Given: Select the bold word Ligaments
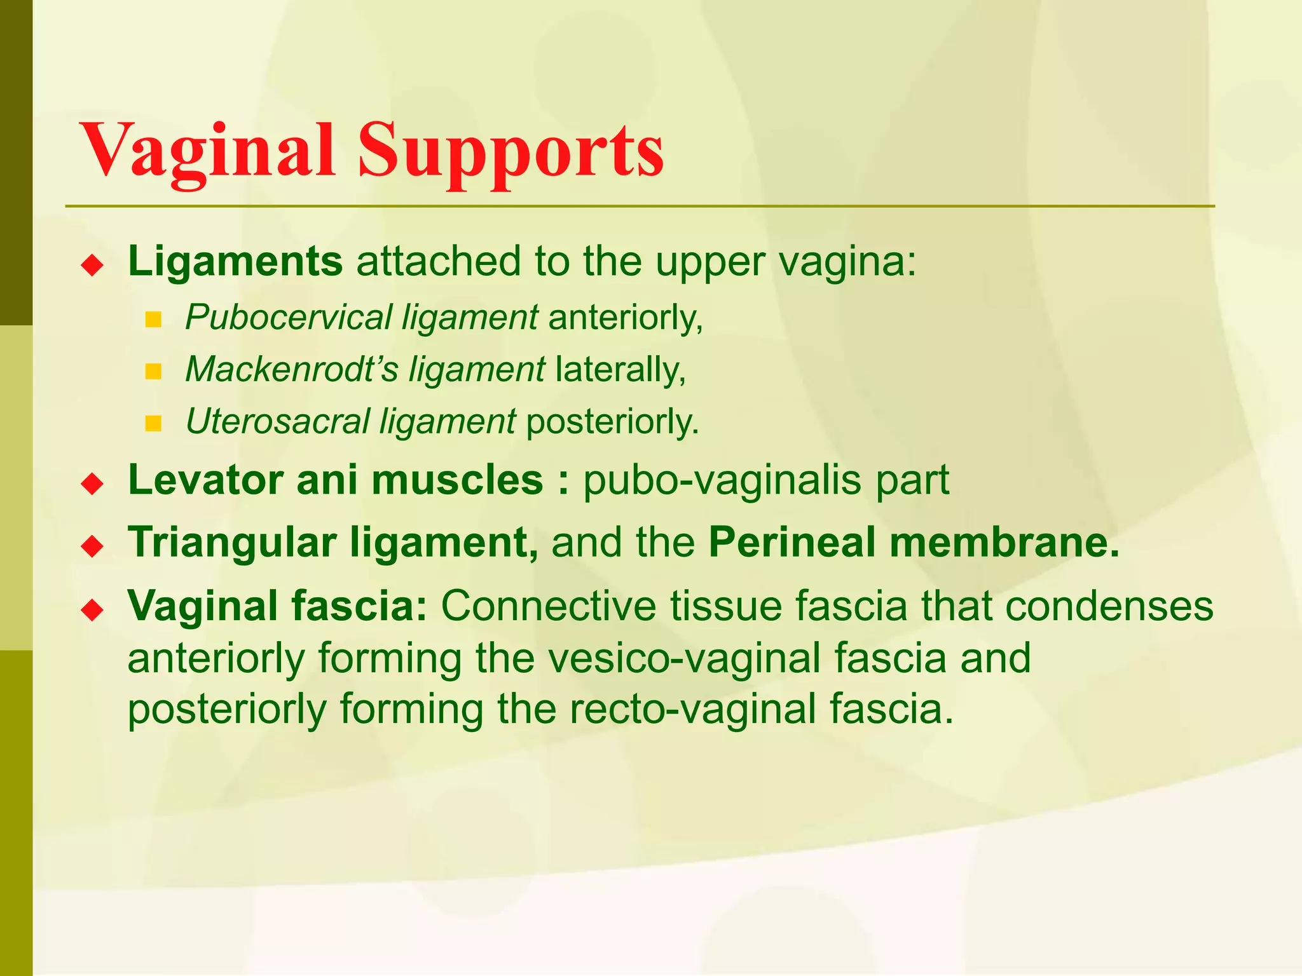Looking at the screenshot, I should pos(235,261).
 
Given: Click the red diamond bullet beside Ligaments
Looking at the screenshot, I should pos(93,264).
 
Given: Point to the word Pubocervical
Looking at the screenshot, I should pos(289,317).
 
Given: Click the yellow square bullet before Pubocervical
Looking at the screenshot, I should pos(153,319).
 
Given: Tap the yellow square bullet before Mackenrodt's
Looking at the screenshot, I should pos(153,371).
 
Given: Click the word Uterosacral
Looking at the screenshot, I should pos(277,421).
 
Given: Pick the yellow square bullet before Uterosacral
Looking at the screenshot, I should pos(153,423).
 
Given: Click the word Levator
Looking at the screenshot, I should pos(205,480).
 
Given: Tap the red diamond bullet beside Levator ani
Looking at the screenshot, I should pos(93,484).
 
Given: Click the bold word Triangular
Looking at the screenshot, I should pos(233,543).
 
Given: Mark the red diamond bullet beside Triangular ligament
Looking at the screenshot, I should pos(93,546).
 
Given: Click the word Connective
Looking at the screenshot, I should pos(549,606).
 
